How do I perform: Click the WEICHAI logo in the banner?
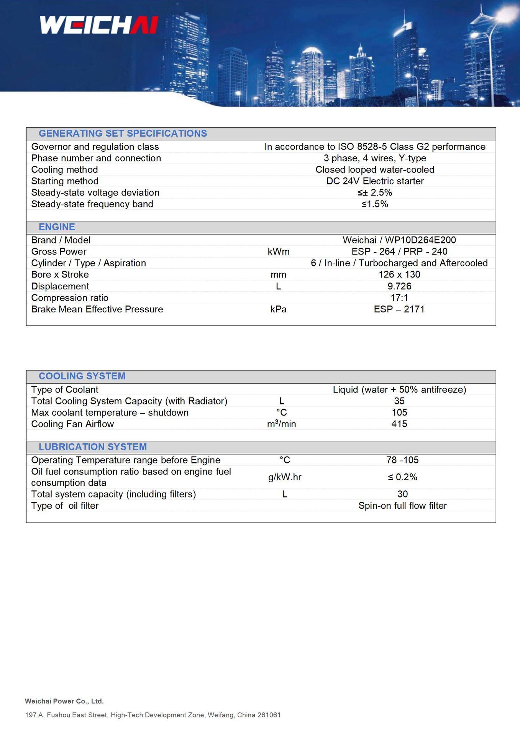[99, 25]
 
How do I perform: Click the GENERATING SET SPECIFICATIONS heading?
[123, 133]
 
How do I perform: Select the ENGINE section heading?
[57, 227]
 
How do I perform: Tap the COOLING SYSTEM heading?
[82, 376]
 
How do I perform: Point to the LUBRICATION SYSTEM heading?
[93, 447]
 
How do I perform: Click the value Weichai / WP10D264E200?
[399, 240]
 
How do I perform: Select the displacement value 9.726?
[399, 286]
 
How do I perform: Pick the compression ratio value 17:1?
[399, 298]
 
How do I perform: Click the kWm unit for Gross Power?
[279, 251]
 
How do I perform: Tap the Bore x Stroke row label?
[60, 274]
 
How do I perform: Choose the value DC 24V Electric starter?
[375, 181]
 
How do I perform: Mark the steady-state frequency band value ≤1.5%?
[375, 204]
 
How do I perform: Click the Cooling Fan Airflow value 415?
[399, 424]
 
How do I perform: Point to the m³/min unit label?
[281, 424]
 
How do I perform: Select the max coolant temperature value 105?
[399, 412]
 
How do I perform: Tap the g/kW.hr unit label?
[285, 477]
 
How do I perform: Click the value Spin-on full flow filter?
[402, 506]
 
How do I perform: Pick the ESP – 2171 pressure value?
[399, 309]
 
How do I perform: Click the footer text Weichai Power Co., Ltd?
[64, 701]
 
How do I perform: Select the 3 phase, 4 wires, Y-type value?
[375, 158]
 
